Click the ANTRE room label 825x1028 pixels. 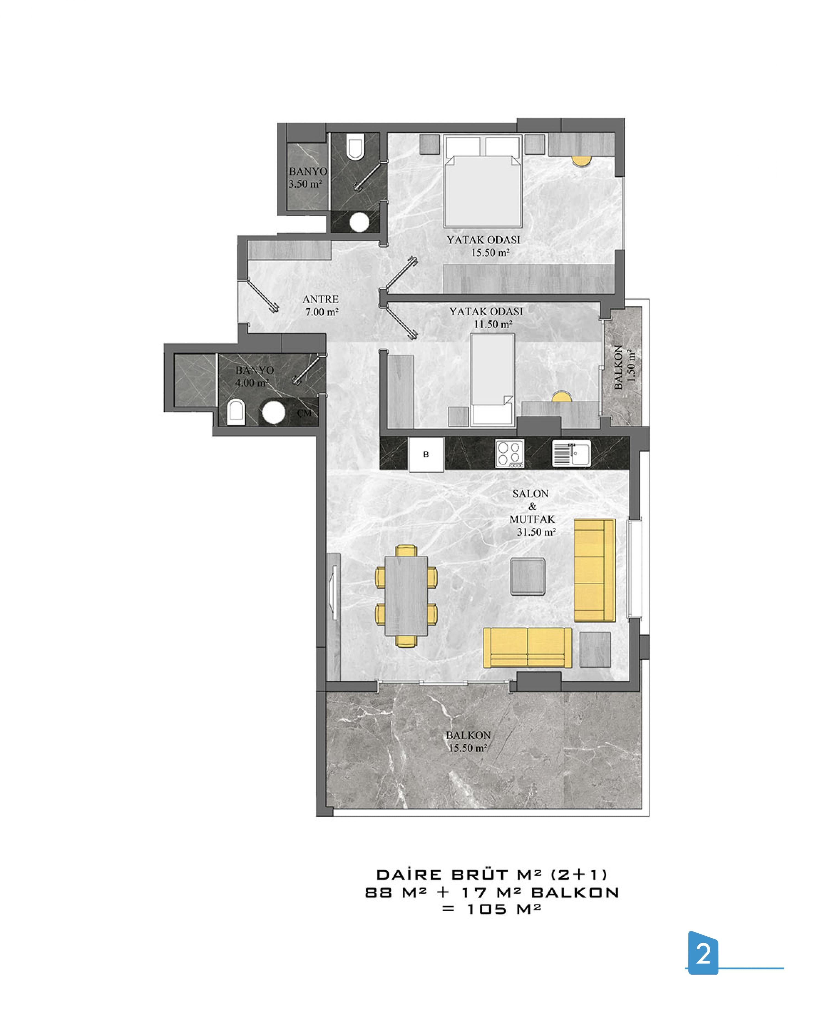coord(320,299)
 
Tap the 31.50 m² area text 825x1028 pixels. coord(536,532)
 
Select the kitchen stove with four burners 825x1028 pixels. coord(509,453)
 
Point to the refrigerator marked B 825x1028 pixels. coord(426,454)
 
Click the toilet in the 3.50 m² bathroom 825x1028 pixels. coord(355,146)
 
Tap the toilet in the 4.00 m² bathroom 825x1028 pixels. coord(235,412)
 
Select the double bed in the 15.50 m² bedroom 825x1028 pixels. coord(482,181)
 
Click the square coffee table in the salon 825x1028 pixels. coord(528,576)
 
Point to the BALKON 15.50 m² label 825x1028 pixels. coord(468,742)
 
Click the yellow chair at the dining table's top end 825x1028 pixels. coord(406,551)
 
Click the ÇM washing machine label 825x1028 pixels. coord(304,413)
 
